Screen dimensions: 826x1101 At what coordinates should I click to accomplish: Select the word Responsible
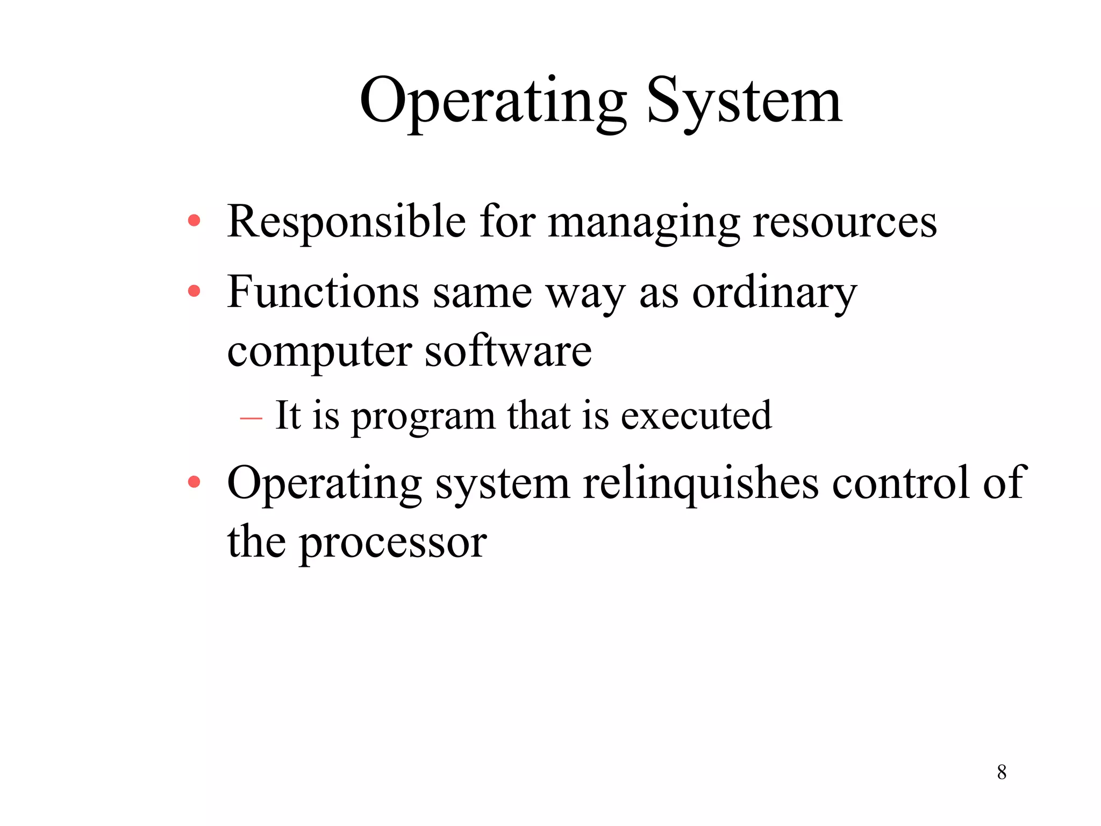click(x=346, y=222)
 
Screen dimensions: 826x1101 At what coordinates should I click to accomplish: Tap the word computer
click(x=319, y=353)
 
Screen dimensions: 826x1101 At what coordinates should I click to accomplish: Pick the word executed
click(x=696, y=416)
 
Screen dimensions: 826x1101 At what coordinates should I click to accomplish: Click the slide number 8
click(x=1002, y=772)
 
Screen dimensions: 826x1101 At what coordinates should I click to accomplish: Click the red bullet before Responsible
click(x=194, y=220)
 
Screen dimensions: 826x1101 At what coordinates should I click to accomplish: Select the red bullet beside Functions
click(x=194, y=291)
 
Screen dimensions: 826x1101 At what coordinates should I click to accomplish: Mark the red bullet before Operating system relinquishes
click(x=194, y=482)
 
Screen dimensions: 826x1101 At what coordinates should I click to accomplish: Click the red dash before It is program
click(x=251, y=418)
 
